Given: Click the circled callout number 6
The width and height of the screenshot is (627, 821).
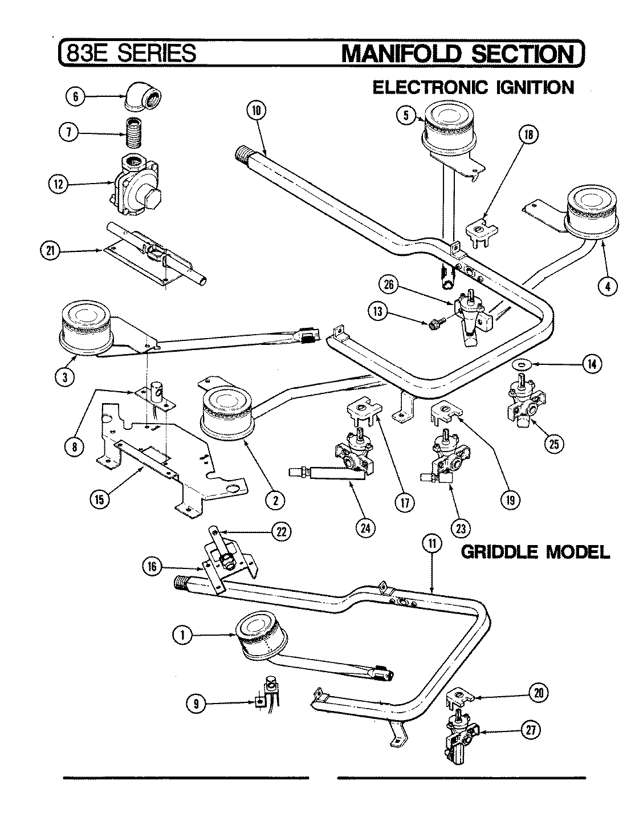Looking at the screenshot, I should (x=74, y=96).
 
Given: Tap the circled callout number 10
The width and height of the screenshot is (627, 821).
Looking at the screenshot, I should (x=255, y=111).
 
